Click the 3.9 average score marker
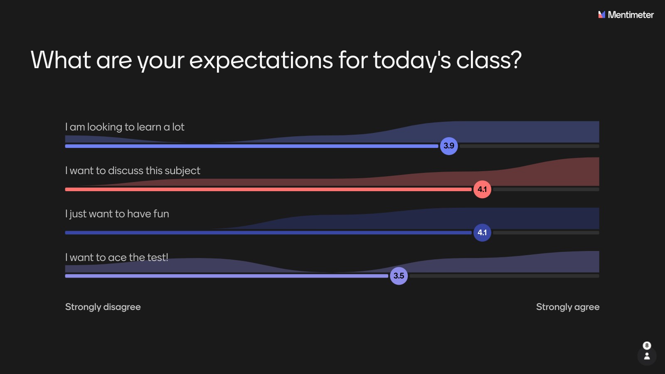448,146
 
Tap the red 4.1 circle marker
482,189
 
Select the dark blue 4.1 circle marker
482,232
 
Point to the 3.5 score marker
399,276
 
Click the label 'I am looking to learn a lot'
125,127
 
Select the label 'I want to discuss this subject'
133,171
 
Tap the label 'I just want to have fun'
117,214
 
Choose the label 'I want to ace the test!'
117,257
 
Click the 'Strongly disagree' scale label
103,307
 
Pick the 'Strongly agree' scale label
568,307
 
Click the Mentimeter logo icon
601,15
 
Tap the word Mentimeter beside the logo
631,15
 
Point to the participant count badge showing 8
647,345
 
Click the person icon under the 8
647,356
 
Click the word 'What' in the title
61,60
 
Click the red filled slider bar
268,189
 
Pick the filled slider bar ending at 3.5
227,276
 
